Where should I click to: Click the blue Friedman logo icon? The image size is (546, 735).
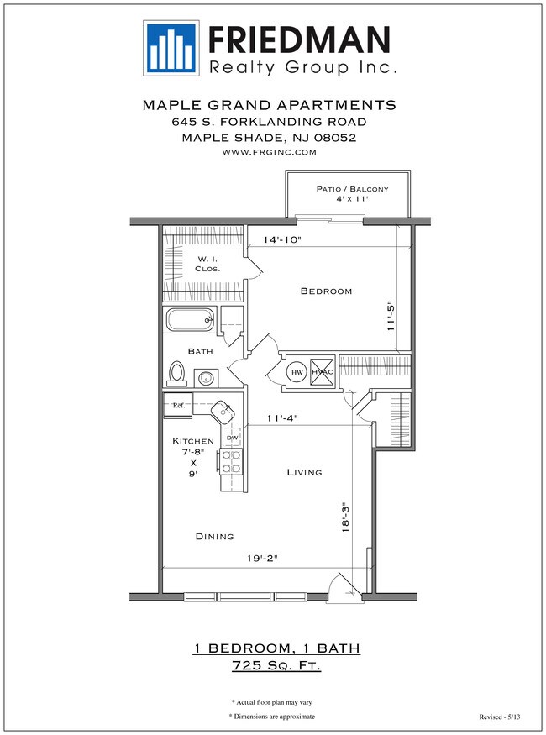[171, 47]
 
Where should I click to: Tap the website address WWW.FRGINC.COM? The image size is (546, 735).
[269, 152]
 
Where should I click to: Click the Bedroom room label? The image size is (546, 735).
[326, 291]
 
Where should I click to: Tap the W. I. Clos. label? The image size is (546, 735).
[207, 264]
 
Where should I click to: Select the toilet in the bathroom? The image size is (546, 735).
[177, 372]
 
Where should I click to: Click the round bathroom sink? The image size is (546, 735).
[207, 378]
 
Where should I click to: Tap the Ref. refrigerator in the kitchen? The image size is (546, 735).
[177, 406]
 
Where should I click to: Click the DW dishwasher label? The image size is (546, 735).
[231, 438]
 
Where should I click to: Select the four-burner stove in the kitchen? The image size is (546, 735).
[231, 461]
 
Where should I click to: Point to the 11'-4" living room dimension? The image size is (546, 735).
[281, 417]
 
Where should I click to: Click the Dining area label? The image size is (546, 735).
[214, 536]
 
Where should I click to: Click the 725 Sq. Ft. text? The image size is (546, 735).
[276, 666]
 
